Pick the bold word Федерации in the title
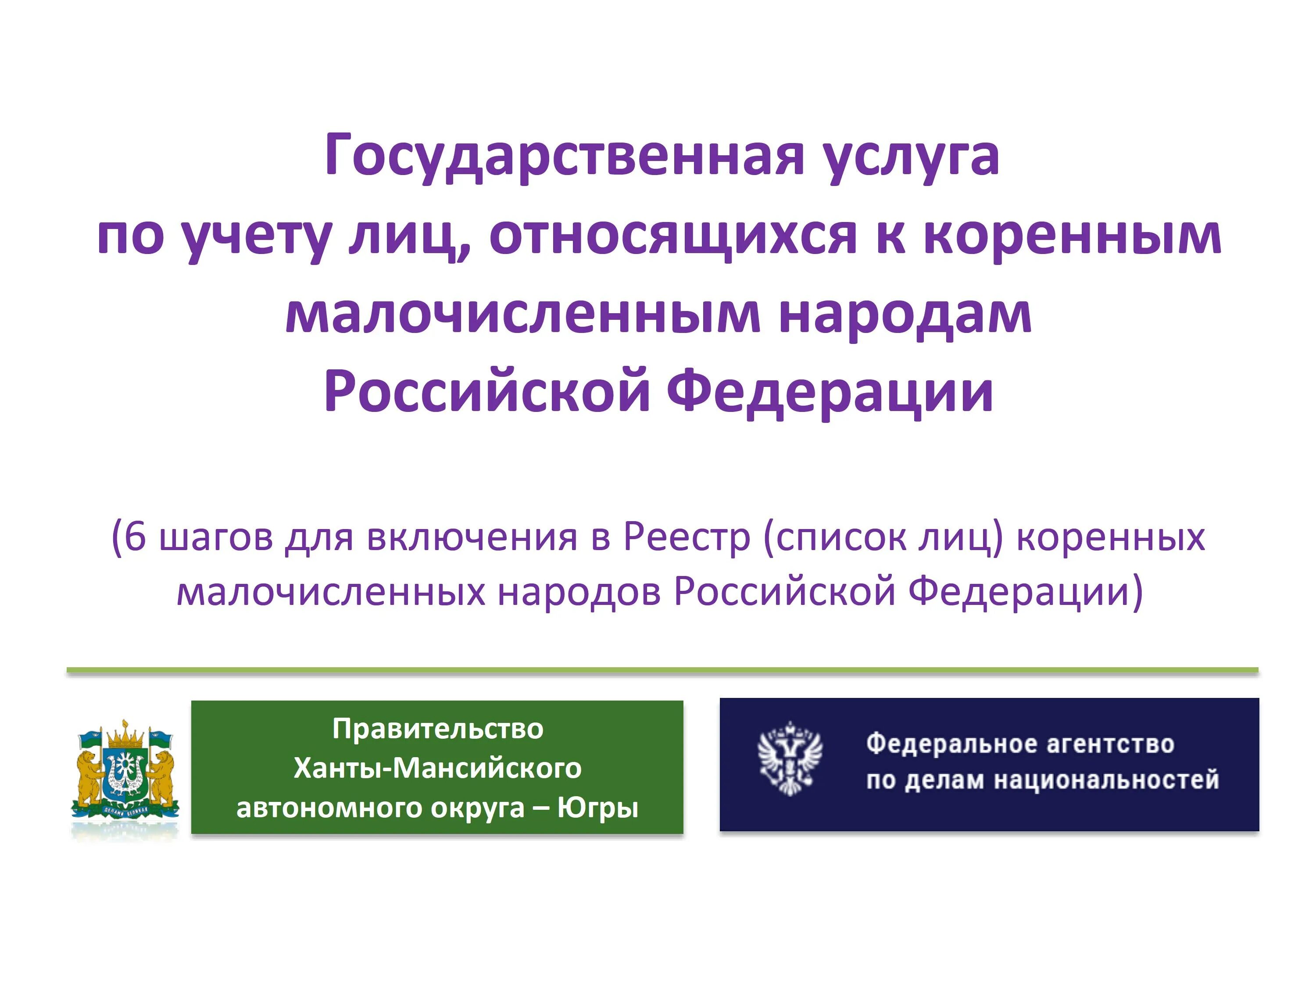click(830, 392)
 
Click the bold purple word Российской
click(486, 392)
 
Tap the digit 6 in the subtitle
click(135, 536)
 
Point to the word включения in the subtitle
click(472, 536)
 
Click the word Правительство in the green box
click(437, 729)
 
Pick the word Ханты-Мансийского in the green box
click(437, 768)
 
